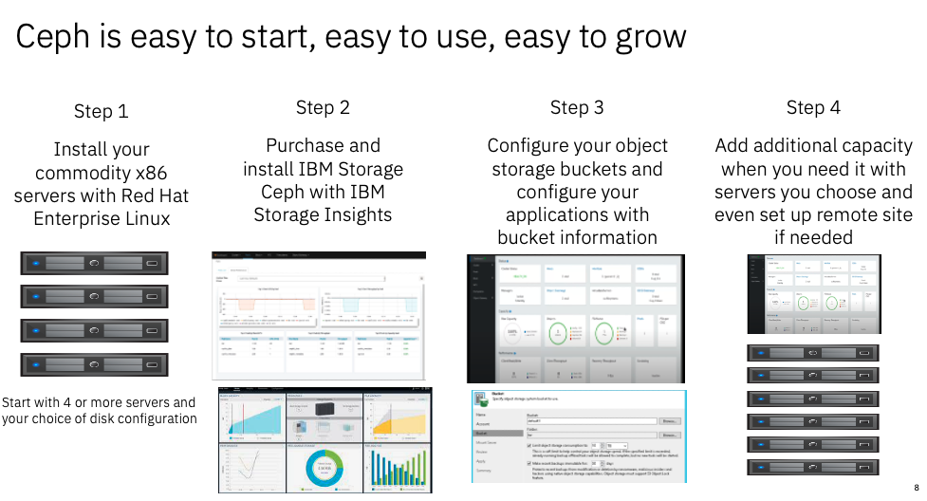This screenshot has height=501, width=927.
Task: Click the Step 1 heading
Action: [101, 111]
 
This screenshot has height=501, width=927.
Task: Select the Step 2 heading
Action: [323, 107]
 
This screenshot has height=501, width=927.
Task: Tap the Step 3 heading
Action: [577, 107]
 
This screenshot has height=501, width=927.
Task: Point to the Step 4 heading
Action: [813, 107]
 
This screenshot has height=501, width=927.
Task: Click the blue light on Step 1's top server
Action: [35, 264]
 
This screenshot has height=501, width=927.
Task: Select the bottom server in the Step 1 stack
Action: [94, 365]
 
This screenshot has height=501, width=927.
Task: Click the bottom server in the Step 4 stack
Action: [812, 467]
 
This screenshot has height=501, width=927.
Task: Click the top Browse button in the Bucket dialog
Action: [670, 420]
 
